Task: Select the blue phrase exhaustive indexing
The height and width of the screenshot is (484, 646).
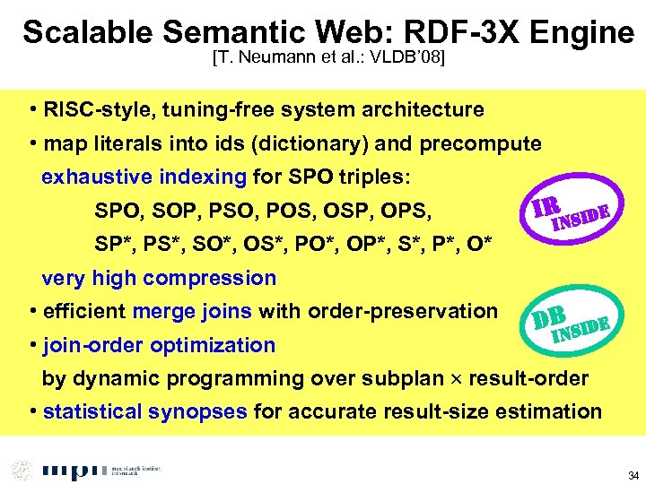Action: pyautogui.click(x=144, y=177)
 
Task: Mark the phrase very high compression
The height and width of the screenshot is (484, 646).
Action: pyautogui.click(x=159, y=278)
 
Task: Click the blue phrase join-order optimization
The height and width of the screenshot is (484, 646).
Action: pyautogui.click(x=159, y=345)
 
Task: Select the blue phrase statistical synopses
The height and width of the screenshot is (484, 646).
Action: pyautogui.click(x=145, y=412)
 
